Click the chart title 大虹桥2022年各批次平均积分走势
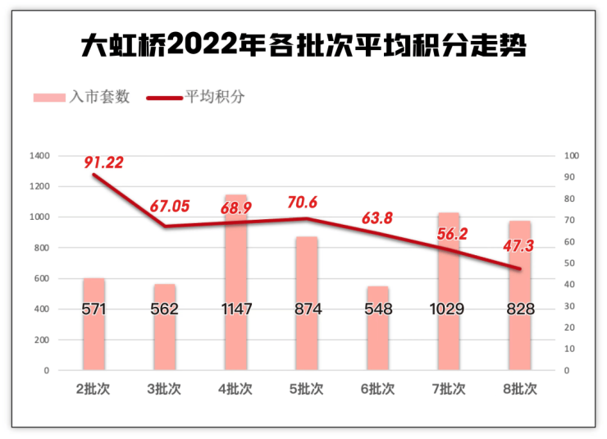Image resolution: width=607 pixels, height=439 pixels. coord(303,44)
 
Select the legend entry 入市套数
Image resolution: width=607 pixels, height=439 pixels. coord(82,97)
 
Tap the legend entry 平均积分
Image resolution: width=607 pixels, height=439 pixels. coord(196,97)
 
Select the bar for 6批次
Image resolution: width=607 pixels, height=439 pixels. coord(377,328)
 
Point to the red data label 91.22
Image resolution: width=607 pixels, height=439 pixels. coord(103,162)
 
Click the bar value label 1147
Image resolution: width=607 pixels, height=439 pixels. coord(235,309)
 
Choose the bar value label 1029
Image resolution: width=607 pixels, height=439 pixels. coord(448,309)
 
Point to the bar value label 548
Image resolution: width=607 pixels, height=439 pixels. coord(377,309)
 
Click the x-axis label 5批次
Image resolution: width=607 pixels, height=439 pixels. coord(306,388)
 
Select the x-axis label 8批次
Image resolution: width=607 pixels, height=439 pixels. coord(519,388)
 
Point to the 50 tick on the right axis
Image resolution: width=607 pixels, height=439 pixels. coord(570,263)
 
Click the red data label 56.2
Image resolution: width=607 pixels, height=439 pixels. coord(450,233)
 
